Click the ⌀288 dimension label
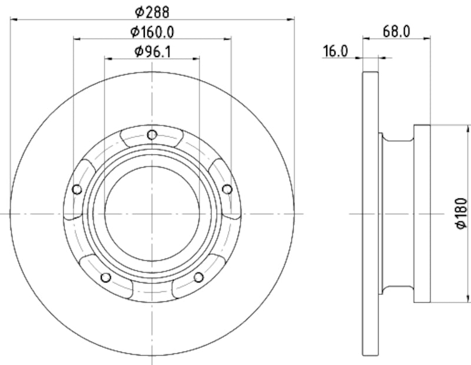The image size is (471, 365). [x=152, y=11]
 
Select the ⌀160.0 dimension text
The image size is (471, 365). [x=152, y=31]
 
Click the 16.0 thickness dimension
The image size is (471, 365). [x=335, y=51]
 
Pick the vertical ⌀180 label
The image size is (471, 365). [x=462, y=213]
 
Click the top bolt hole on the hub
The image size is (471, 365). [x=152, y=135]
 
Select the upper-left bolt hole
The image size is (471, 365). [x=77, y=189]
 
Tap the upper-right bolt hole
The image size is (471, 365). [x=227, y=188]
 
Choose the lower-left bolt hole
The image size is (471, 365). [x=105, y=277]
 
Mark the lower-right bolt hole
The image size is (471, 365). [x=198, y=277]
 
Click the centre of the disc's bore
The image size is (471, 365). [x=152, y=213]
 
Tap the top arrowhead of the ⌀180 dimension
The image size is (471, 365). [x=469, y=128]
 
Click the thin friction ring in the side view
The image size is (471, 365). [x=369, y=213]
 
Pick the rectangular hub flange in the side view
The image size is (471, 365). [x=422, y=213]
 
